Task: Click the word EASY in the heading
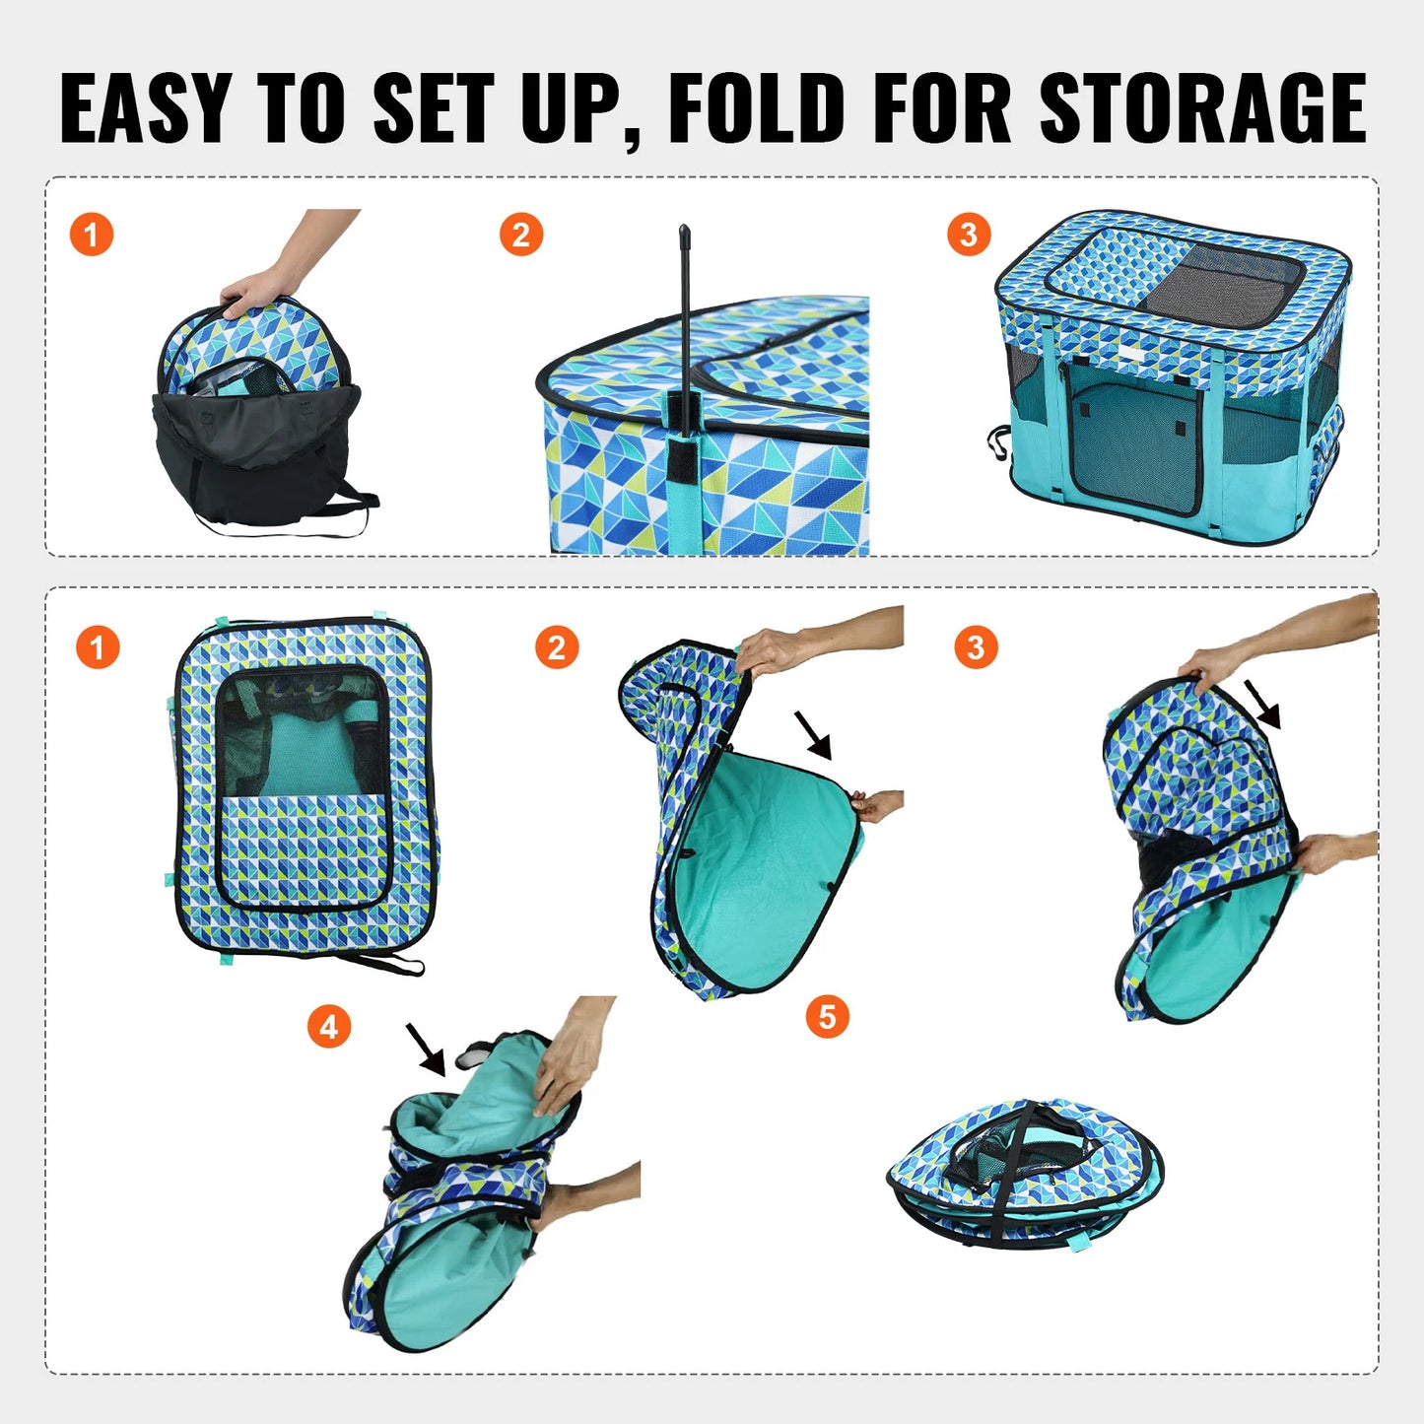click(x=145, y=108)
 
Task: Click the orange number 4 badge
click(x=329, y=1027)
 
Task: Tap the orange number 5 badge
click(x=827, y=1016)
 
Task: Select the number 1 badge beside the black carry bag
click(x=92, y=235)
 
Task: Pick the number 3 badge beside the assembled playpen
click(x=969, y=235)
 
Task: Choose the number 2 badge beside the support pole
click(x=521, y=235)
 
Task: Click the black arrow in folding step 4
click(x=427, y=1049)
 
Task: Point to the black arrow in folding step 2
click(x=814, y=736)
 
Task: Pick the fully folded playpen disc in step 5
click(x=1025, y=1173)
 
